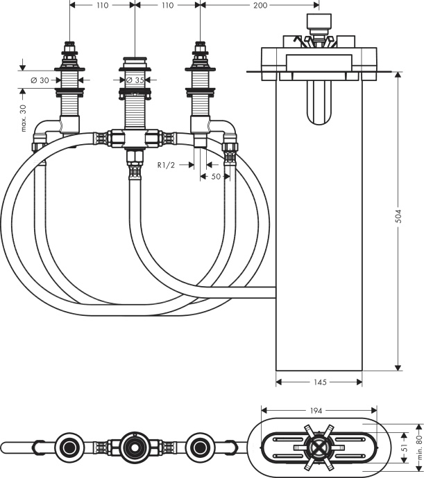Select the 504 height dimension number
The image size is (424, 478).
[x=398, y=217]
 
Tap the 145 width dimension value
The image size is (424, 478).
[x=319, y=382]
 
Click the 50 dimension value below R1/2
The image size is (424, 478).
[x=216, y=177]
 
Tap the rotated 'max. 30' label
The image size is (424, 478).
[x=24, y=118]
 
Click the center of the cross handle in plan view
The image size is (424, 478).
[x=316, y=445]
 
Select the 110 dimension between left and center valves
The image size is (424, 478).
[x=103, y=5]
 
